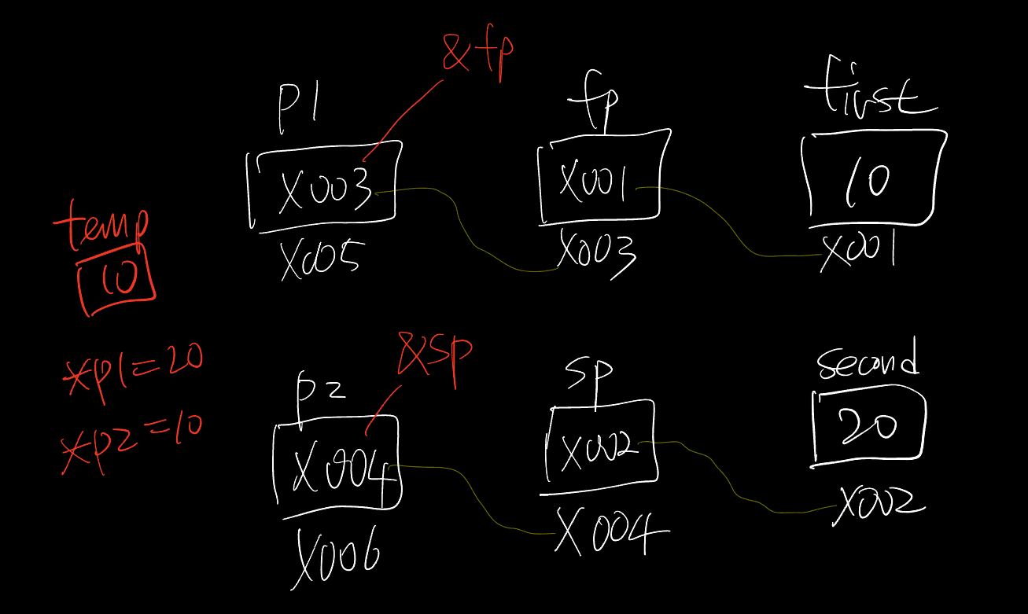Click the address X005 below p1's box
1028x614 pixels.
click(x=321, y=257)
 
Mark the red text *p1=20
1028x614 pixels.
click(x=132, y=366)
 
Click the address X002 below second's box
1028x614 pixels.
click(x=879, y=503)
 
